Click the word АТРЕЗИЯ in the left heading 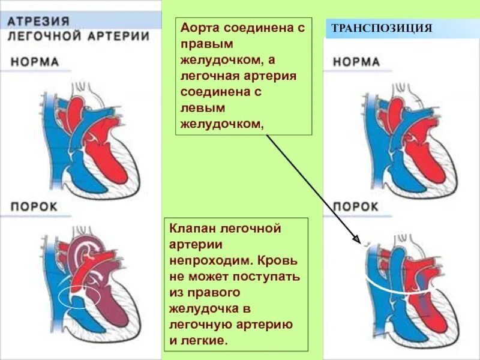pos(38,20)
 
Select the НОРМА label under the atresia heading pos(35,62)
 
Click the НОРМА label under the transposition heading pos(356,62)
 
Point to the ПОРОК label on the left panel pos(34,206)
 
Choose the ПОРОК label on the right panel pos(356,206)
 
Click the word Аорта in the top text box pos(200,29)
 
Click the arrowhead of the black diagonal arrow pos(361,243)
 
